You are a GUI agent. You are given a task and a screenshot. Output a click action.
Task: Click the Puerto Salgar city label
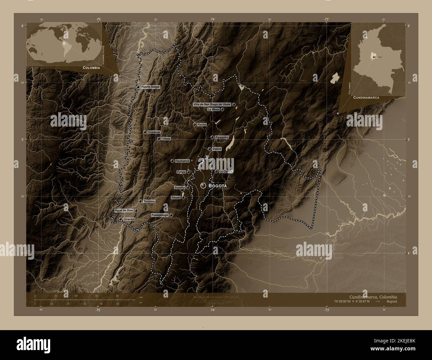click(x=150, y=87)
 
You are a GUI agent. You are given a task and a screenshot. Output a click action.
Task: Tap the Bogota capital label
click(x=217, y=186)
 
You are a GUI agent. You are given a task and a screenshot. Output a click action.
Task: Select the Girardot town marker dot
click(x=120, y=220)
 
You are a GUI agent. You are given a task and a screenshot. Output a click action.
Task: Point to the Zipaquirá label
click(x=222, y=137)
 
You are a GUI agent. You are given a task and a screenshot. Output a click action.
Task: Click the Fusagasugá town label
click(x=160, y=215)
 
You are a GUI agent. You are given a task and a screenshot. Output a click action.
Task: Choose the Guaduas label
click(x=154, y=132)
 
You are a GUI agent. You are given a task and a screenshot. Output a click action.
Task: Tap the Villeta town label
click(x=166, y=138)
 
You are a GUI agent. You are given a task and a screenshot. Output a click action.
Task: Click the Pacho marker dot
click(x=194, y=125)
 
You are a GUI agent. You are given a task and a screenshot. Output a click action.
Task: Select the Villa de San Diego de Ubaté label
click(x=212, y=104)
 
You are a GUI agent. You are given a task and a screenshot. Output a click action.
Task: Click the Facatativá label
click(x=182, y=161)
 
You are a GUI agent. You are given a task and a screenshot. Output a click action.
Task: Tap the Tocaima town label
click(x=150, y=201)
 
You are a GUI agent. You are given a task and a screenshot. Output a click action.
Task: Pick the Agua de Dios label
click(x=124, y=211)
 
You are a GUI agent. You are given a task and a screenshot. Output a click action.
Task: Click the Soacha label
click(x=180, y=188)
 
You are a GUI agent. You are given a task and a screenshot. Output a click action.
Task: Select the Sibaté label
click(x=175, y=198)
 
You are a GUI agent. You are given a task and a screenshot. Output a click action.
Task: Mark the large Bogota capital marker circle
click(x=203, y=185)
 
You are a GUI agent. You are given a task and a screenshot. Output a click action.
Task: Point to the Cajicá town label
click(x=217, y=149)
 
